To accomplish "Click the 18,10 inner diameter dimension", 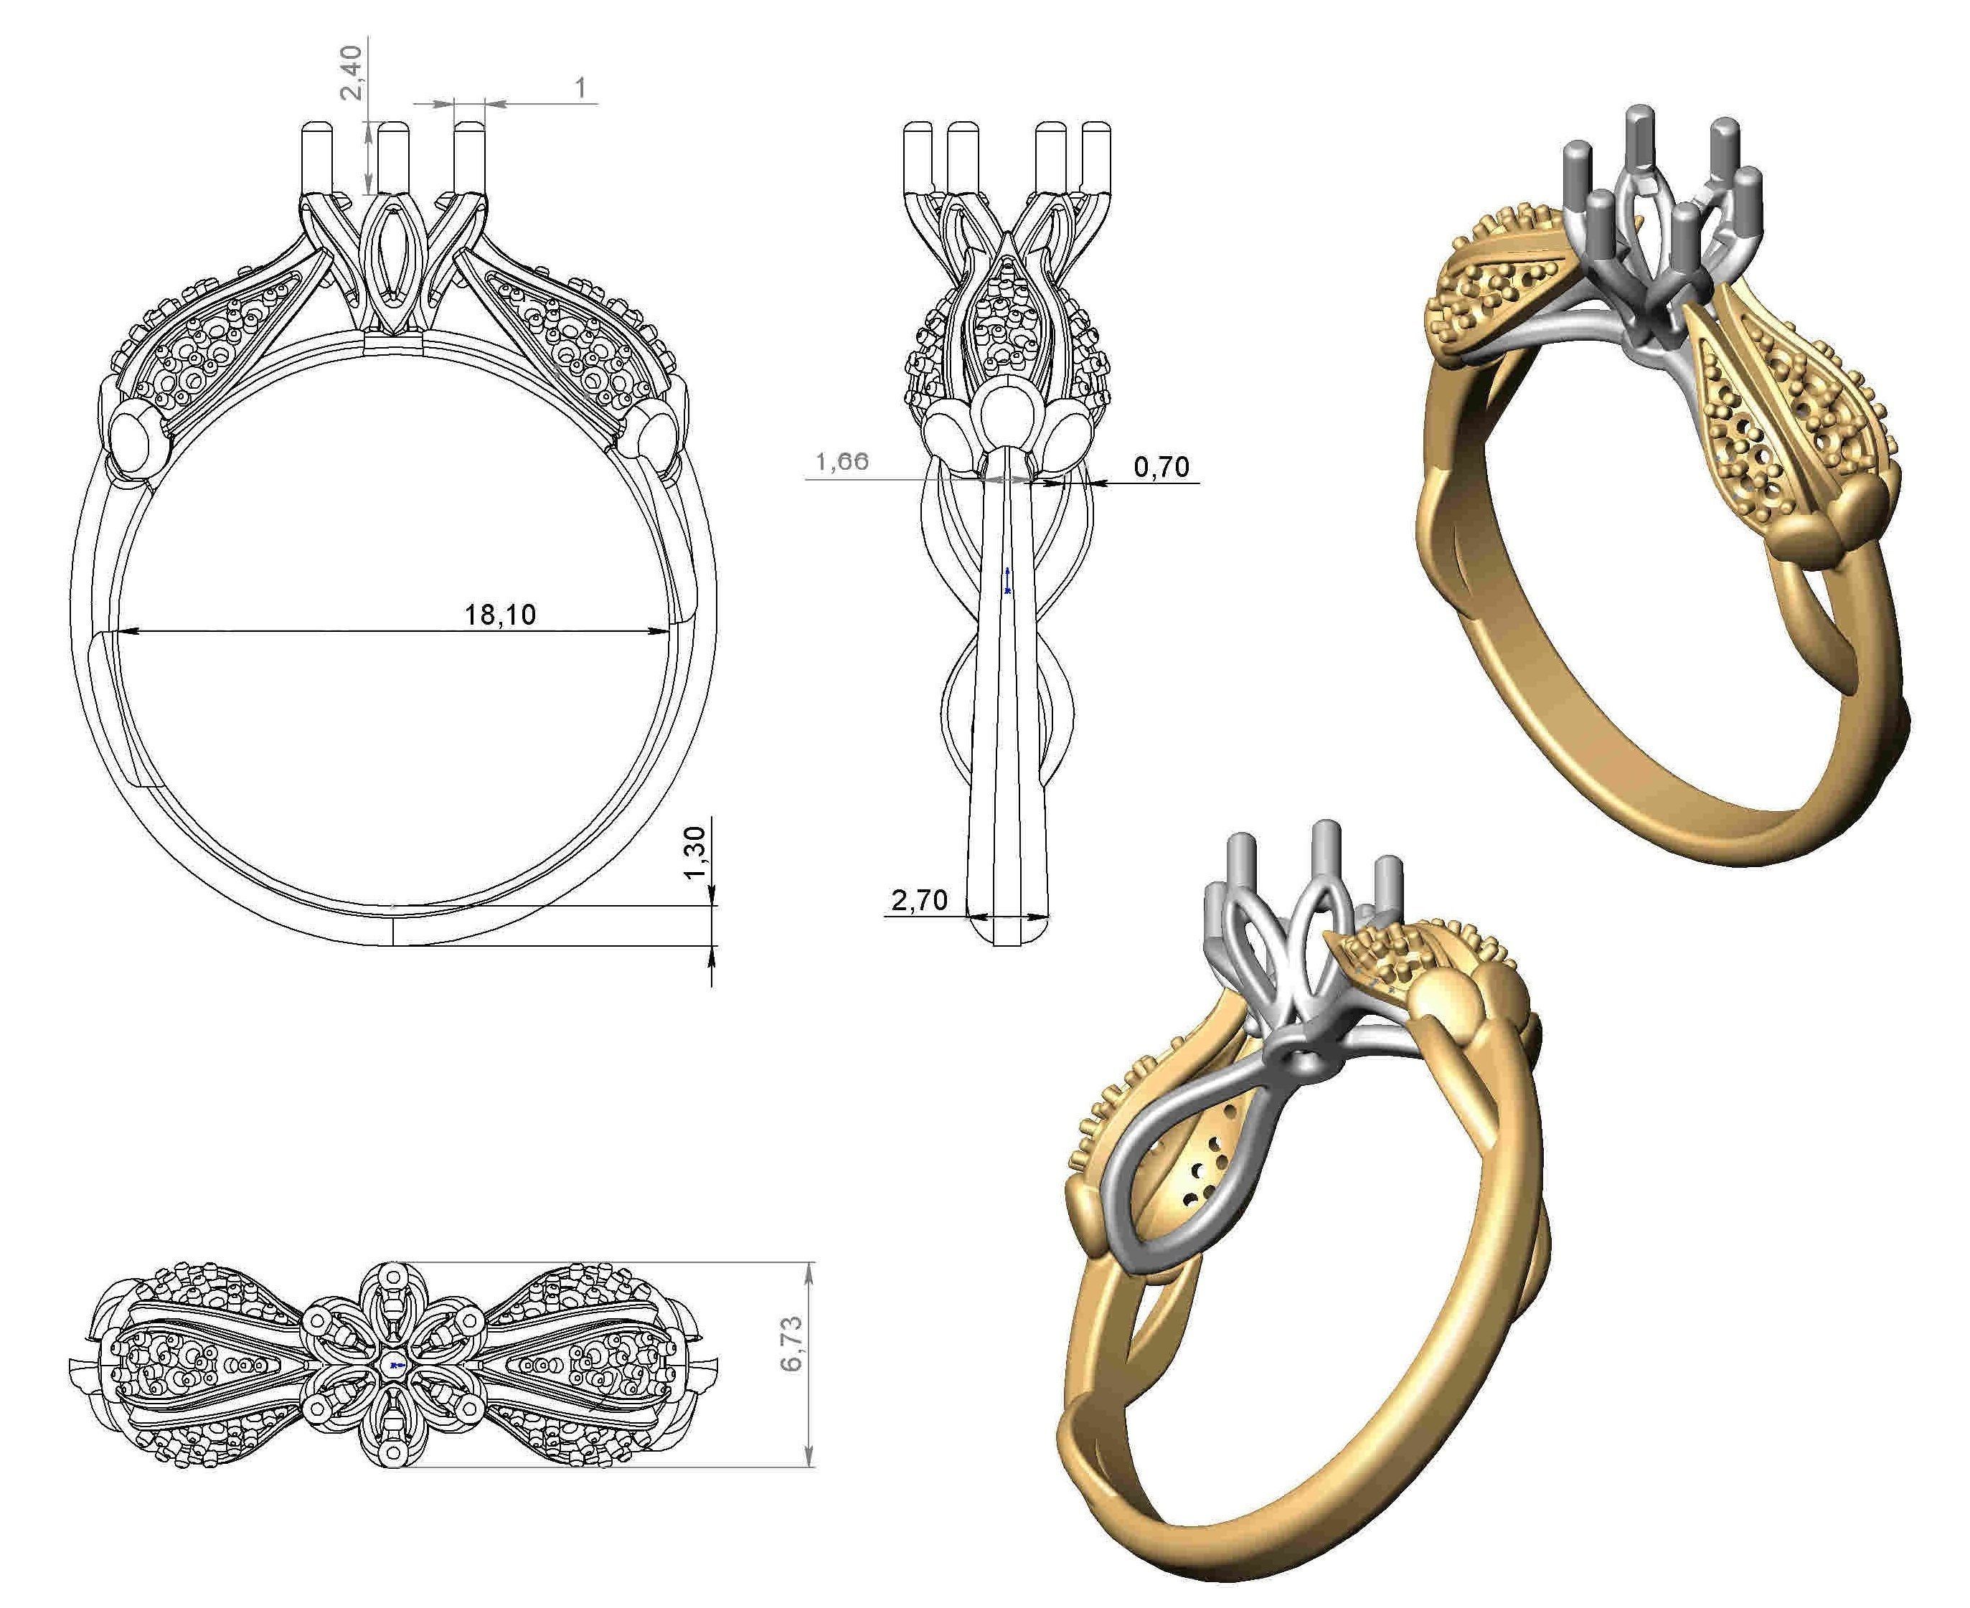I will pyautogui.click(x=499, y=614).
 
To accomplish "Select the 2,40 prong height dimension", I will pyautogui.click(x=353, y=74).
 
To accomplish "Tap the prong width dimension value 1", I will pyautogui.click(x=581, y=88).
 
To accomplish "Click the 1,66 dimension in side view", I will pyautogui.click(x=842, y=461).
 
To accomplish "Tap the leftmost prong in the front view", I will pyautogui.click(x=317, y=158).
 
